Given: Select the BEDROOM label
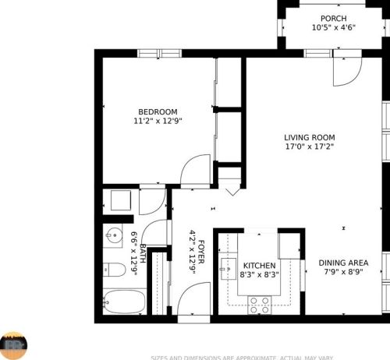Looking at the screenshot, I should pos(158,111).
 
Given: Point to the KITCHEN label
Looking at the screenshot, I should pos(257,266).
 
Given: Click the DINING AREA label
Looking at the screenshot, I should pos(343,263).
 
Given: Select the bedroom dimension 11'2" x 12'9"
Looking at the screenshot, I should pos(158,121).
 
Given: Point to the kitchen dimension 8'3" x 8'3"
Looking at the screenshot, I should pos(257,275).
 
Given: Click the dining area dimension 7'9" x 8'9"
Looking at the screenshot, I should pos(343,273).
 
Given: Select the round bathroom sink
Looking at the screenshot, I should pos(113,235).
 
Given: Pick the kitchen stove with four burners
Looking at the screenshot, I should pos(259,306).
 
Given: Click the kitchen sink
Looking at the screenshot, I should pos(227,269).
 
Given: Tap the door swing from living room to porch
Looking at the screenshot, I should pos(345,71).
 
